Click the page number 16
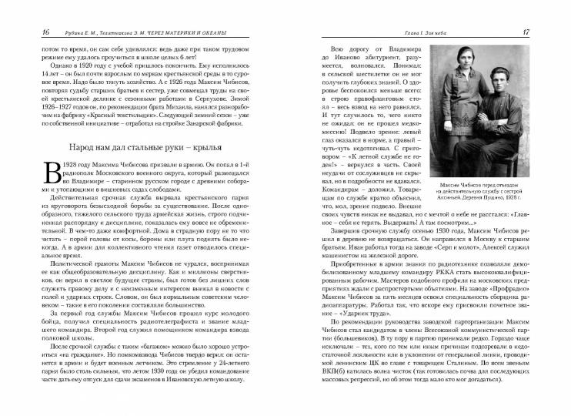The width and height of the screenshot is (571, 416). [25, 32]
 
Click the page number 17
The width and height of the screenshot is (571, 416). [546, 32]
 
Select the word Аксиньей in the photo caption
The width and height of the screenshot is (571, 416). [468, 199]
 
